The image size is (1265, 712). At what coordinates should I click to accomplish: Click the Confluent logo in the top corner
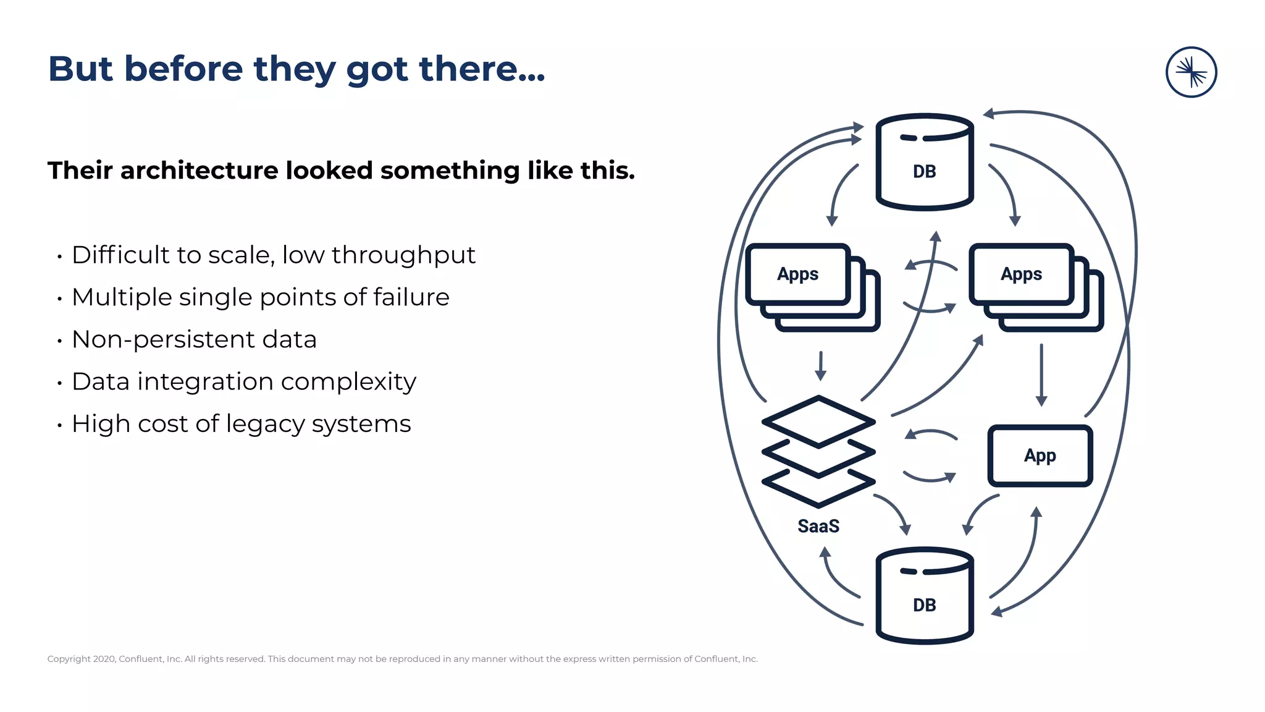(1191, 72)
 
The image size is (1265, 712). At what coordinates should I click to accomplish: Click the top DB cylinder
(924, 162)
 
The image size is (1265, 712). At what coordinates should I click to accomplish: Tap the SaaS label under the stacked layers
(818, 526)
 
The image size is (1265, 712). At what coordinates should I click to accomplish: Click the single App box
(1040, 456)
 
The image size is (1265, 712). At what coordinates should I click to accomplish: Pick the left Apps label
(797, 274)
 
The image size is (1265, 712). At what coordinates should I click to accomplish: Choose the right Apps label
(1021, 274)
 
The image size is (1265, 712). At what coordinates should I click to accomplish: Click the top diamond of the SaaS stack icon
(818, 421)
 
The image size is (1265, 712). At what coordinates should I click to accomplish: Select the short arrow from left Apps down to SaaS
(820, 366)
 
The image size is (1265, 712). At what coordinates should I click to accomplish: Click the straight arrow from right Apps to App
(1041, 375)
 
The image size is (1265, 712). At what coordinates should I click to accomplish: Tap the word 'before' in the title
(183, 69)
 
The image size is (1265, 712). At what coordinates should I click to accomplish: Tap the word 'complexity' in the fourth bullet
(348, 382)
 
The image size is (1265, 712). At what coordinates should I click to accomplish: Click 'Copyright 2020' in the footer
(81, 659)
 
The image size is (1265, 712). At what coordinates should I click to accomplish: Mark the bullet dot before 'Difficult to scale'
(59, 256)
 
